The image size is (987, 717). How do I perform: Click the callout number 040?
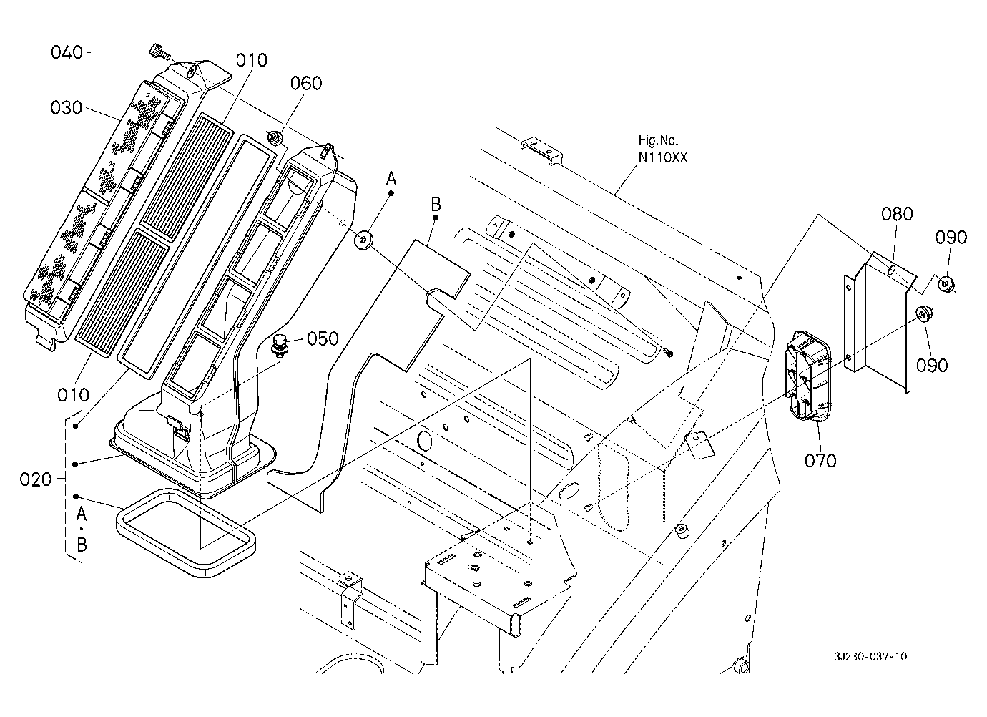point(67,52)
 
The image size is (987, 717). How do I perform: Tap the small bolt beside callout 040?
point(157,50)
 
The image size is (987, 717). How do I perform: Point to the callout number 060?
point(306,83)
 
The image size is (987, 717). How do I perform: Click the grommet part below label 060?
point(273,136)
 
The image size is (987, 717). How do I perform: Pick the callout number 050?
point(323,338)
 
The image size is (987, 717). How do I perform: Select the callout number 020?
point(36,479)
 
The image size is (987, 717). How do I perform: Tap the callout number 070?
point(820,461)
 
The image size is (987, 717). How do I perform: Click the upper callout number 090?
point(950,238)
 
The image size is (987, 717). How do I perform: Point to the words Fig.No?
point(658,141)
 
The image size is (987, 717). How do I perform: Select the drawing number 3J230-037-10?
point(871,657)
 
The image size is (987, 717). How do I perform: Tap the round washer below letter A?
point(365,239)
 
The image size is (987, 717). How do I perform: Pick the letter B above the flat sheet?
point(436,205)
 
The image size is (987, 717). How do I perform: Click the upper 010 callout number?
point(252,60)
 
